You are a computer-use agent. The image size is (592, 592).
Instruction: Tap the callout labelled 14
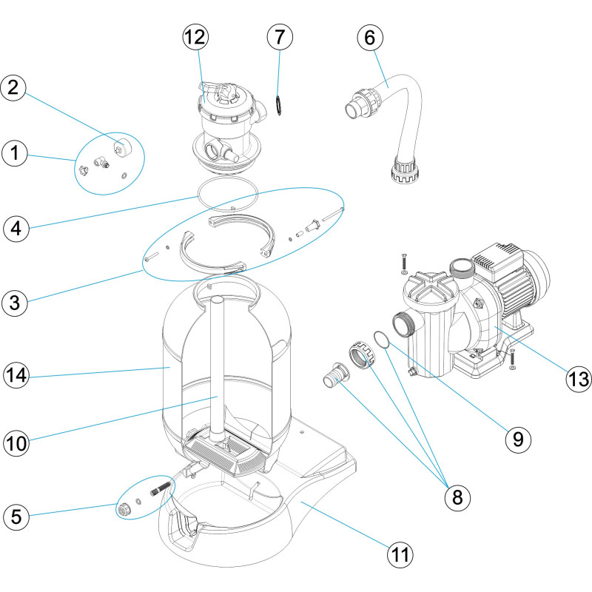[x=18, y=375]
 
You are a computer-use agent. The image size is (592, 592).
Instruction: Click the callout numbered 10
[x=18, y=443]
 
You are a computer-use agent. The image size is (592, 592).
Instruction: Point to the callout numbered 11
[x=400, y=552]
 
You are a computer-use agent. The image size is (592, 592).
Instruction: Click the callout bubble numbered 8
[x=457, y=498]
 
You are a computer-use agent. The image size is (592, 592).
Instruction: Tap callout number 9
[x=519, y=439]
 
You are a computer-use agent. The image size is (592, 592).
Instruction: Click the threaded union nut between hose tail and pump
[x=362, y=354]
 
